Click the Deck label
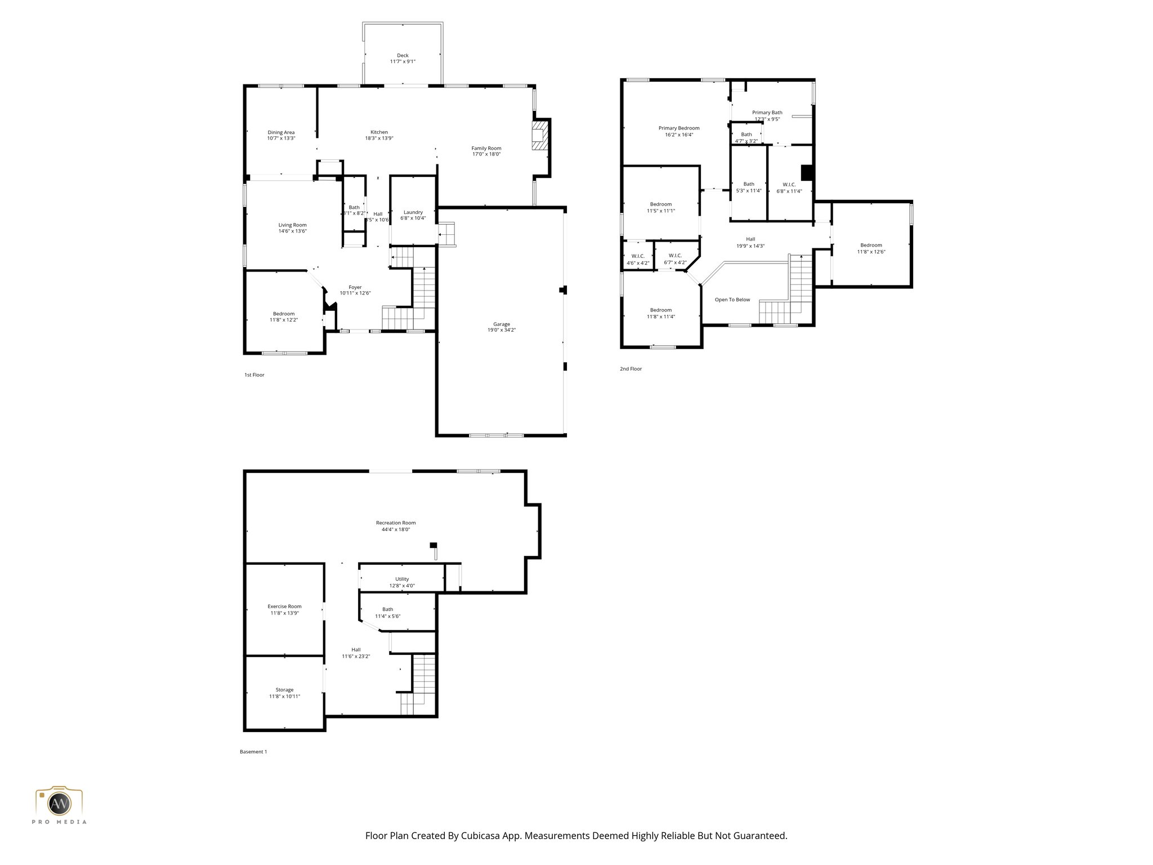tap(403, 56)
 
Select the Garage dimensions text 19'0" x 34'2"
tap(501, 331)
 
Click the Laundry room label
tap(413, 212)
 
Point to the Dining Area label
tap(281, 132)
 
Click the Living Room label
tap(292, 225)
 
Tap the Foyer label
tap(355, 287)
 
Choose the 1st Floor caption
tap(254, 375)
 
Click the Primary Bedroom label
tap(679, 128)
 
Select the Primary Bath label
tap(767, 113)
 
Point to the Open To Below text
tap(732, 300)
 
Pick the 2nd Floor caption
tap(631, 369)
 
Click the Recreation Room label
tap(396, 523)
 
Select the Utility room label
tap(402, 579)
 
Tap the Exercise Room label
tap(284, 607)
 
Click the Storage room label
tap(284, 690)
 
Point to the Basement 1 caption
tap(253, 752)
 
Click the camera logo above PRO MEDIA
tap(59, 802)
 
